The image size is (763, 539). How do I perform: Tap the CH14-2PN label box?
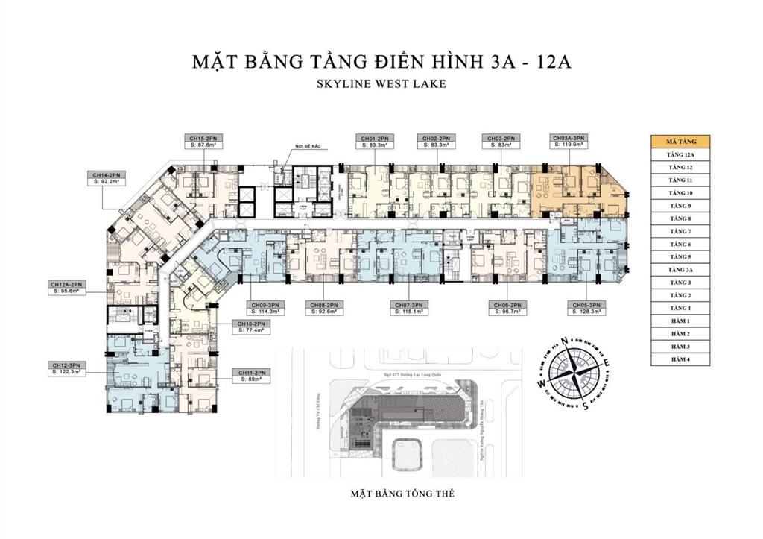107,177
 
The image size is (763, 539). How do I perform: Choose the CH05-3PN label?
586,308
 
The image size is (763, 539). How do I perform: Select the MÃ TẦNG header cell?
680,142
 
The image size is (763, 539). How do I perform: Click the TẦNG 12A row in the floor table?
680,154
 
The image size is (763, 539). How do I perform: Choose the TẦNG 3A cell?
680,269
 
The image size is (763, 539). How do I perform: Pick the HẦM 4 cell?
680,359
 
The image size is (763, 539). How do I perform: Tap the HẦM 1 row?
680,321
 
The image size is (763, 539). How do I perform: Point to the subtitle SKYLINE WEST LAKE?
381,84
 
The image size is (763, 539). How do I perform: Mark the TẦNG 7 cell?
680,231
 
